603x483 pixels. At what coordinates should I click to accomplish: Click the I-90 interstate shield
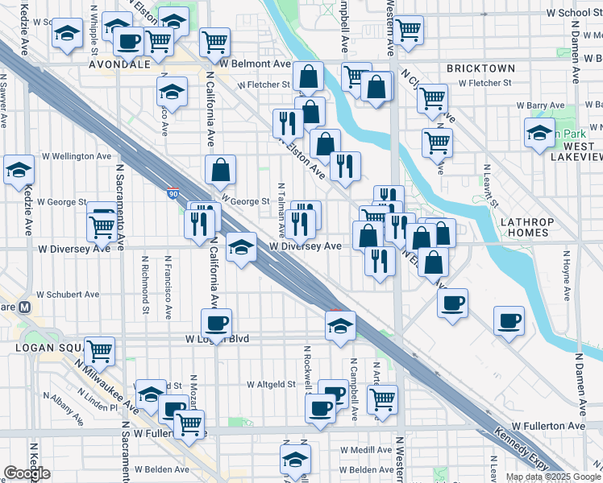[174, 194]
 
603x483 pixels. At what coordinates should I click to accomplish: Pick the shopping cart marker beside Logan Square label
[99, 350]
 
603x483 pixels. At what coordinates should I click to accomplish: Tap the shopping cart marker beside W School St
[409, 30]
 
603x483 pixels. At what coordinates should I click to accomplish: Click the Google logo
[27, 473]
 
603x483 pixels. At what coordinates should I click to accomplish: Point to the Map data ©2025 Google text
[553, 477]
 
